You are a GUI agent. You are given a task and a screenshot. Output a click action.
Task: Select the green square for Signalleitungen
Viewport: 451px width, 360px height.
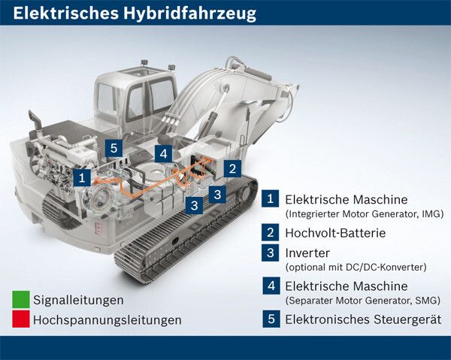20,300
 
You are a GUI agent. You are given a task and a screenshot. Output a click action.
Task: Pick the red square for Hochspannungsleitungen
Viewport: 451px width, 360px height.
20,319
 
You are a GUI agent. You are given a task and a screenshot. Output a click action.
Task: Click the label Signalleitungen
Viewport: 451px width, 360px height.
78,300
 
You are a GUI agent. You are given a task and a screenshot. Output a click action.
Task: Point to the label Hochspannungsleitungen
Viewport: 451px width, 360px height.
107,319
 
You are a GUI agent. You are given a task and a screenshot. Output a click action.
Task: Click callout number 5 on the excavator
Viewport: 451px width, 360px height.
114,147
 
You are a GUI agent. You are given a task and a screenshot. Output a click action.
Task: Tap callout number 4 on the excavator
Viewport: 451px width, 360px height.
163,154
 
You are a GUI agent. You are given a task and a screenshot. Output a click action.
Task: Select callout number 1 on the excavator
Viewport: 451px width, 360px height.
83,177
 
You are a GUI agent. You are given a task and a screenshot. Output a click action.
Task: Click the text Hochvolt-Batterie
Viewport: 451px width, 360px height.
334,233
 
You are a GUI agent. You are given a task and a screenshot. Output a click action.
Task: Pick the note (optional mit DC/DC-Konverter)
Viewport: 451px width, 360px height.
356,267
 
